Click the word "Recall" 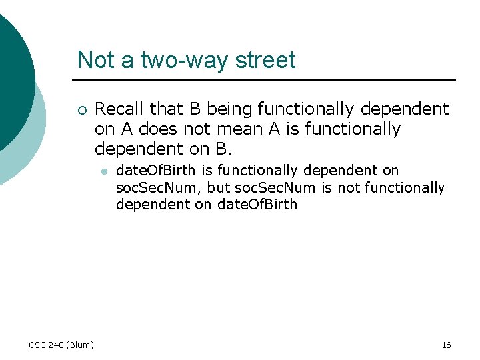point(121,109)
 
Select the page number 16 point(446,345)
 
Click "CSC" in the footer point(38,345)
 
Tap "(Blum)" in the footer point(81,345)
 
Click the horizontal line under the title point(267,80)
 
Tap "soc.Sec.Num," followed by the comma point(159,189)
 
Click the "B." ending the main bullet point(224,149)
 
